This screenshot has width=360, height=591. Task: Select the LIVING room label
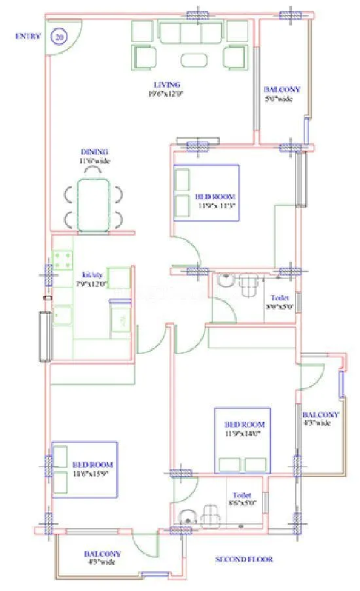click(167, 84)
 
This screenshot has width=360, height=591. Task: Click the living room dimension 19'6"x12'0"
click(167, 93)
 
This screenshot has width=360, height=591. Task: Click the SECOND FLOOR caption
click(244, 560)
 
